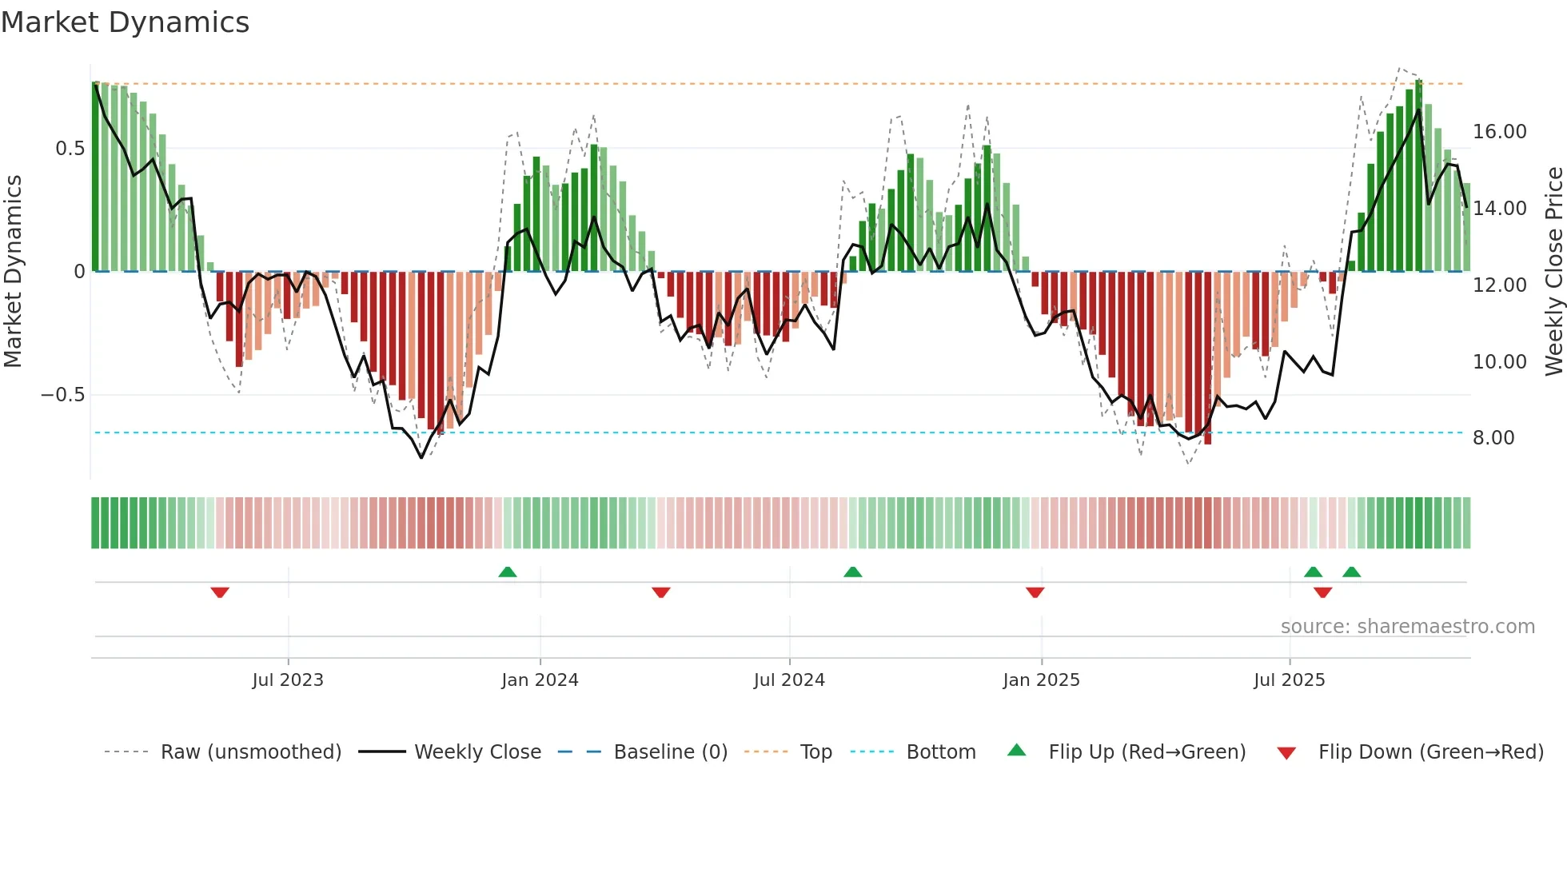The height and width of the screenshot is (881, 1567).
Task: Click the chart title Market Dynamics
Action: click(x=125, y=22)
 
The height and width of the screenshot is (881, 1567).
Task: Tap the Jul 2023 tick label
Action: click(x=288, y=680)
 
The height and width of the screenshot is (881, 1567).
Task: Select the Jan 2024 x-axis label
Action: click(x=540, y=680)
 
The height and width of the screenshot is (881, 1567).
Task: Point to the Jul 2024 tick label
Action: click(x=789, y=680)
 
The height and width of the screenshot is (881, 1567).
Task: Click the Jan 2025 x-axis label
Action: click(x=1041, y=680)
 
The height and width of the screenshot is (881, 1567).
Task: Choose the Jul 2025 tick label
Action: click(x=1289, y=680)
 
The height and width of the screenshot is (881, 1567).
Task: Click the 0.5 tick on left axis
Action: click(x=70, y=149)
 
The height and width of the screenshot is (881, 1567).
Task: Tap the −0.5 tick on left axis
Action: click(x=62, y=395)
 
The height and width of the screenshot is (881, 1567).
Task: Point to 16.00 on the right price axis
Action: click(x=1499, y=132)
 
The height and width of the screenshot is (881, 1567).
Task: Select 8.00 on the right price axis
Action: click(x=1493, y=438)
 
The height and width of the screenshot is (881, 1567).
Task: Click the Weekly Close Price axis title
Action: click(x=1553, y=272)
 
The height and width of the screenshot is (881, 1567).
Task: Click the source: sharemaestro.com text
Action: click(x=1407, y=627)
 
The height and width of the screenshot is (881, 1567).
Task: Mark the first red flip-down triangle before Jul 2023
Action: click(x=220, y=592)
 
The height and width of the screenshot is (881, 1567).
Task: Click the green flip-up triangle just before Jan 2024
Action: click(x=507, y=572)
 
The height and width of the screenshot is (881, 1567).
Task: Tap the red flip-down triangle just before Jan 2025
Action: click(x=1035, y=592)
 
